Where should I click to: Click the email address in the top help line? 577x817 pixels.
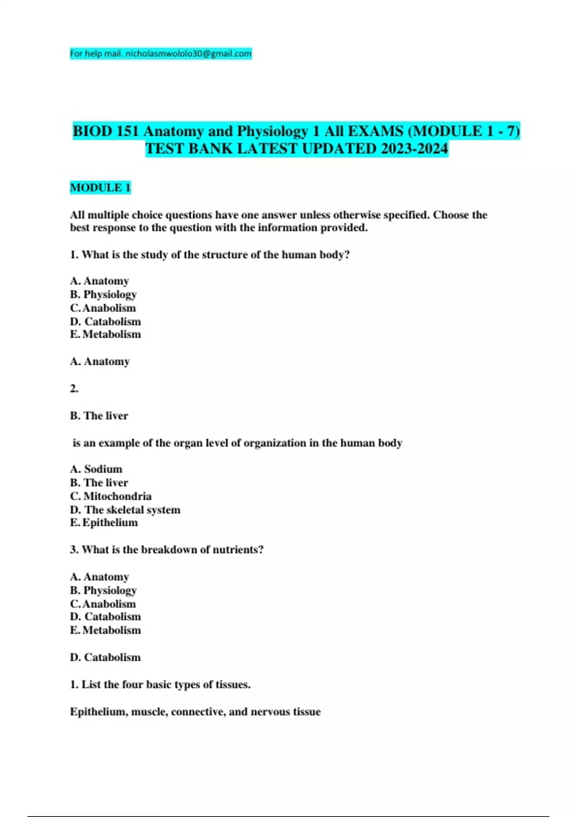(x=188, y=53)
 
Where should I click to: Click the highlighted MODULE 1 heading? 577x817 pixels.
(x=100, y=187)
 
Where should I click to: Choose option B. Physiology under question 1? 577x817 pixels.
(x=103, y=294)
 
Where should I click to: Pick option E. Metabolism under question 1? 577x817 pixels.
(x=105, y=334)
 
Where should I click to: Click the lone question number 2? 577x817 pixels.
(x=74, y=388)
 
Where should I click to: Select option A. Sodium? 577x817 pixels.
(x=96, y=469)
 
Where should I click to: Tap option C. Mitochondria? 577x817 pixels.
(x=111, y=496)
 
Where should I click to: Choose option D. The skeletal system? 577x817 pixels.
(x=125, y=509)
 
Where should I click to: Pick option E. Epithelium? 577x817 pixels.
(x=104, y=522)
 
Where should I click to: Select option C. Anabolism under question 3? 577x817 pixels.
(x=103, y=604)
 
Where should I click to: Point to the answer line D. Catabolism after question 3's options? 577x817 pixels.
(x=105, y=657)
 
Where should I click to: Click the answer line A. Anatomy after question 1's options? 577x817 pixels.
(x=100, y=361)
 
